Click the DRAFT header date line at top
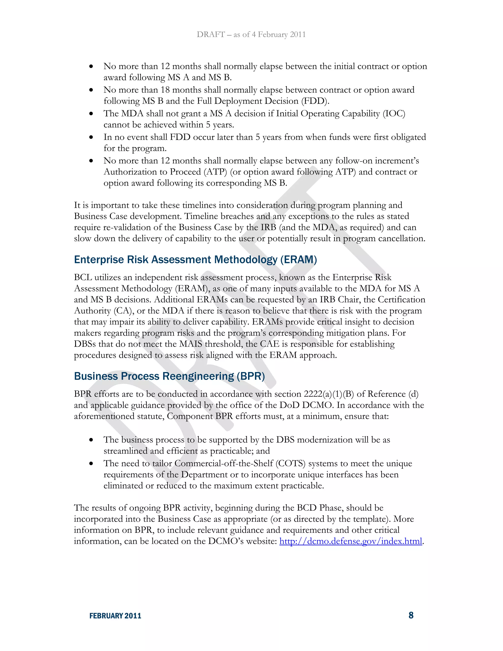pos(251,35)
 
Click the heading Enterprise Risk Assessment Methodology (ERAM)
pos(195,260)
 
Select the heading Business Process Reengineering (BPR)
pos(169,376)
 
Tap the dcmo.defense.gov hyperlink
pos(351,541)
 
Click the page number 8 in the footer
pos(411,615)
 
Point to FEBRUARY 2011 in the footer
pos(115,616)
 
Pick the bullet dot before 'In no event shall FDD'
pos(91,137)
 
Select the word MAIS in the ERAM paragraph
pos(191,344)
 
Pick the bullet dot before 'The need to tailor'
pos(91,464)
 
